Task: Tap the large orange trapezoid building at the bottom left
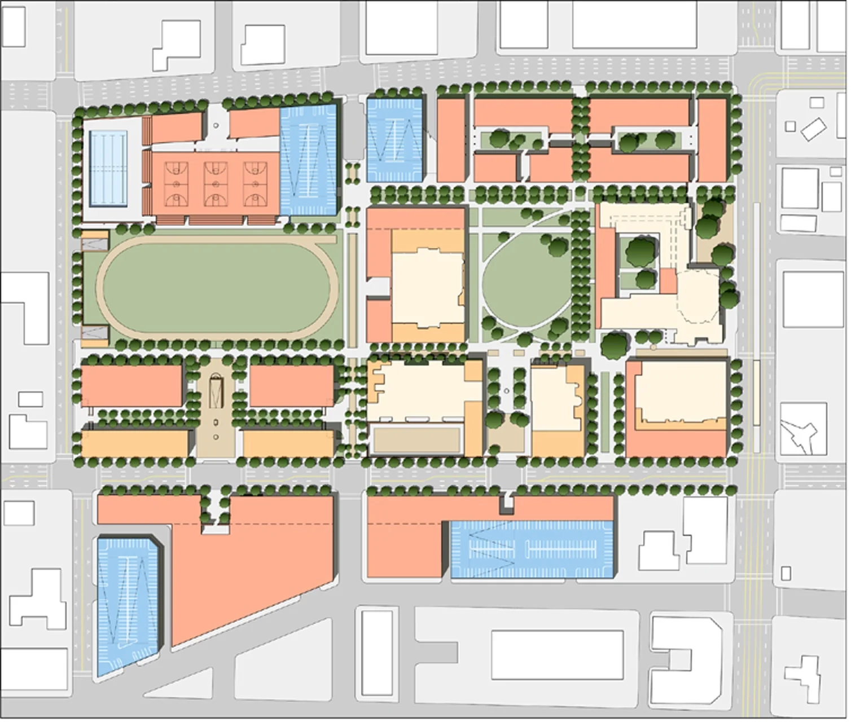point(248,570)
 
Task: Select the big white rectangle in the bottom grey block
point(557,655)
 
